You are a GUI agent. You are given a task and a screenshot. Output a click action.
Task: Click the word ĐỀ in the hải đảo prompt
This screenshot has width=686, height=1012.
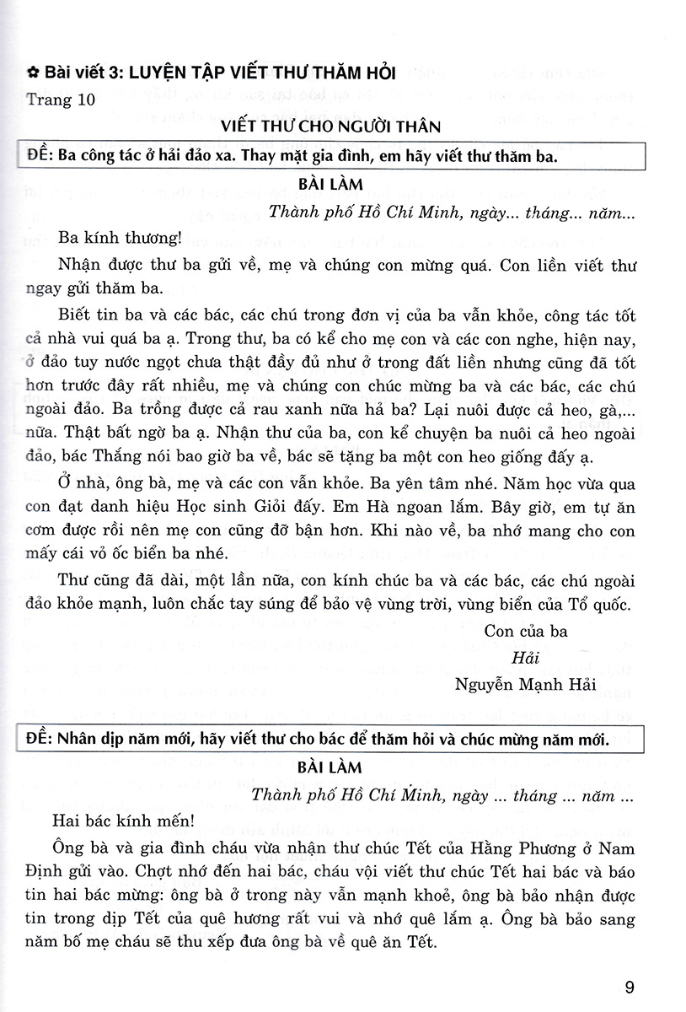pyautogui.click(x=40, y=157)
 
